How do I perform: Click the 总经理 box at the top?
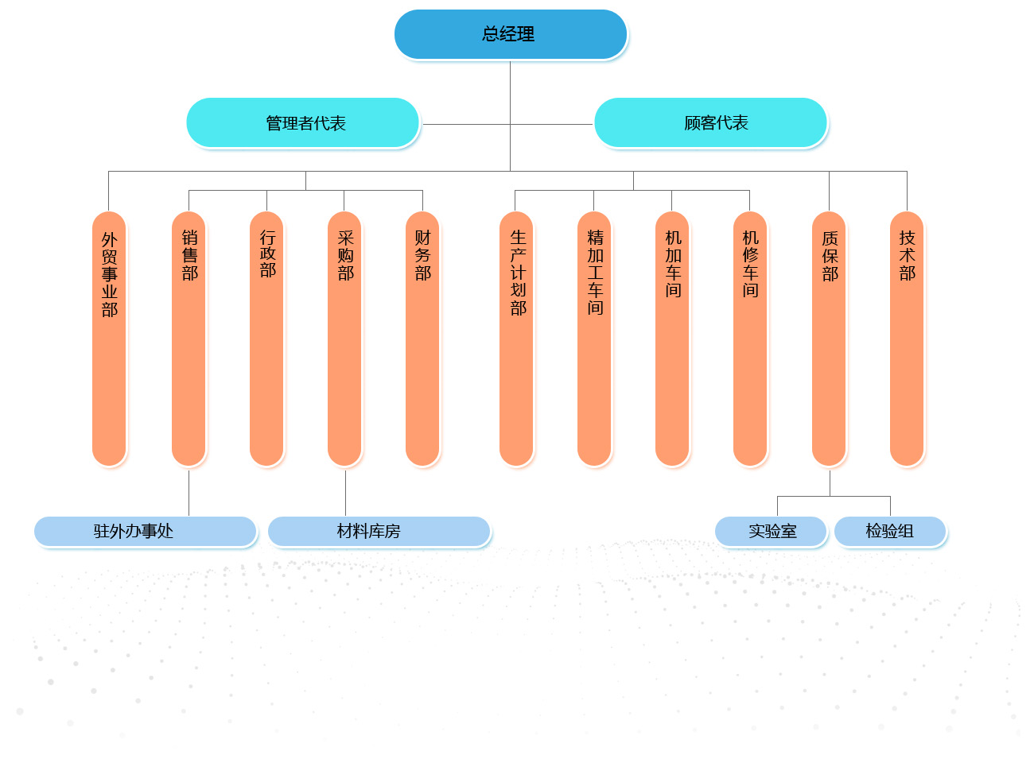coord(510,34)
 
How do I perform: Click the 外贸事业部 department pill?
coord(109,339)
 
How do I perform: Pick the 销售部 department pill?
coord(189,339)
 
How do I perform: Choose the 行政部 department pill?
coord(266,339)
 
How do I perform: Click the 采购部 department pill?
coord(344,339)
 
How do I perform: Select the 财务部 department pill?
coord(422,339)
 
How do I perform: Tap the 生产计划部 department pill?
coord(516,339)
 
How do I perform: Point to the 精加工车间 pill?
coord(594,339)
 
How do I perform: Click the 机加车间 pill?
coord(672,339)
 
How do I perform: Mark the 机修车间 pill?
coord(750,339)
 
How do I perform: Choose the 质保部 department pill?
coord(829,339)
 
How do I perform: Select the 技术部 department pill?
coord(907,339)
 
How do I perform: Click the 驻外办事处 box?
coord(145,531)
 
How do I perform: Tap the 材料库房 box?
coord(379,531)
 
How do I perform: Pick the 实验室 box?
coord(771,531)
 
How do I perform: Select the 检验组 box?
coord(890,531)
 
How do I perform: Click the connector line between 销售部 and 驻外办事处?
coord(189,493)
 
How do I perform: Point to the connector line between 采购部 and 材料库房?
coord(345,493)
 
